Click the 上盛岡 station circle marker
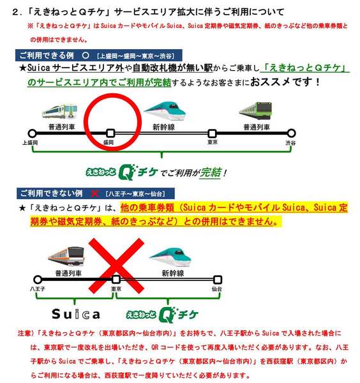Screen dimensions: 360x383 tap(32, 133)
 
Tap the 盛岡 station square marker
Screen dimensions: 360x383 tap(110, 133)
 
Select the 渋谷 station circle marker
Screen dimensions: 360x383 tap(291, 133)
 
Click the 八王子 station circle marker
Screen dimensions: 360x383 tap(38, 280)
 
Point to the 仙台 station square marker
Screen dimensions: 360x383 tap(218, 280)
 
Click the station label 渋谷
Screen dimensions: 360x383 tap(290, 142)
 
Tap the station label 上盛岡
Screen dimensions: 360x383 tap(30, 142)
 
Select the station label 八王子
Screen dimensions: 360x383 tap(38, 289)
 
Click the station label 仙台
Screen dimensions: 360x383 tap(217, 289)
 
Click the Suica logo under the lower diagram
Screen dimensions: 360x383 tap(76, 314)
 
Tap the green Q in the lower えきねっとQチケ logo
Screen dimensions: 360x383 tap(167, 315)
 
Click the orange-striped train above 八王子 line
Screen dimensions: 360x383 tap(67, 256)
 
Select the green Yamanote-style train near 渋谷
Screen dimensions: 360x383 tap(256, 111)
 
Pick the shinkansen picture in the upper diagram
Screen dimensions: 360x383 tap(165, 111)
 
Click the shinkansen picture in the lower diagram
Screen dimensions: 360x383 tap(170, 257)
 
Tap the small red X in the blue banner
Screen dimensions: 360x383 tap(94, 193)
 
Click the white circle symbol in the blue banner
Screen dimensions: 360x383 tap(86, 55)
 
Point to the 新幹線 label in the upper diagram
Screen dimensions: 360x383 tap(163, 127)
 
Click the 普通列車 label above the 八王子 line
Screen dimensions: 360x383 tap(68, 273)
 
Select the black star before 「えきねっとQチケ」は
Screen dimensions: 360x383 tap(22, 208)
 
